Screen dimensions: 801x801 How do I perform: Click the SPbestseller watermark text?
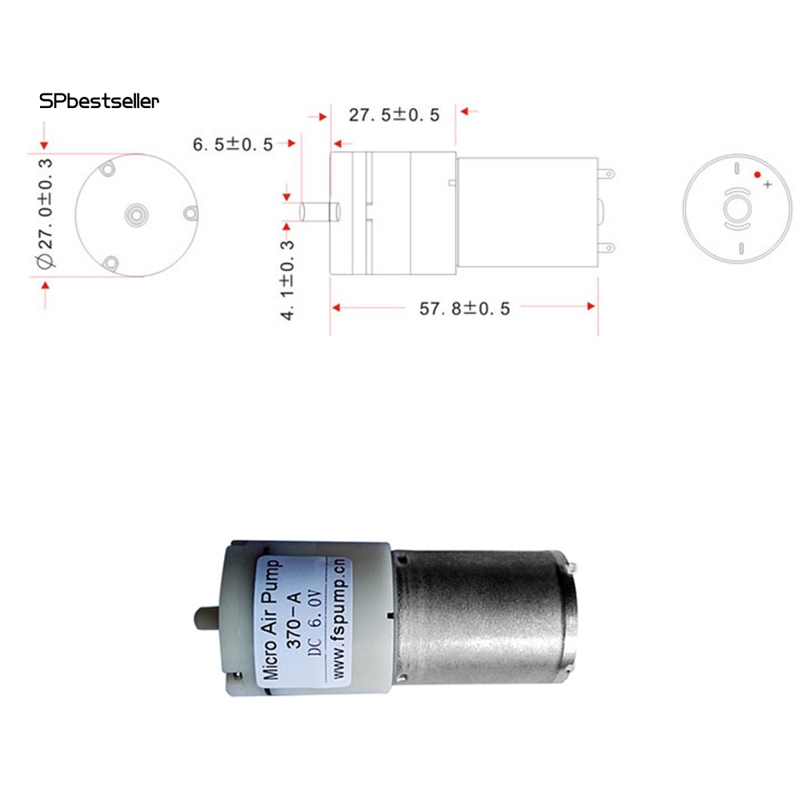coord(99,102)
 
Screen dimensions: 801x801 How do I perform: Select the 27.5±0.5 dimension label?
coord(394,115)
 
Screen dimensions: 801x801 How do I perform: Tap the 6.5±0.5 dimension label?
coord(233,145)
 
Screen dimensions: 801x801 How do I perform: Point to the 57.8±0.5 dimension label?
coord(464,308)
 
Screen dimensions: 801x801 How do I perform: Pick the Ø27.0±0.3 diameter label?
coord(45,213)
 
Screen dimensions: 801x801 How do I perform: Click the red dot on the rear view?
coord(757,174)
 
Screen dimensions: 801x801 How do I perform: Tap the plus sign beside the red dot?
coord(768,185)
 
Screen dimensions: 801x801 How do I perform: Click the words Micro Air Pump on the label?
coord(273,619)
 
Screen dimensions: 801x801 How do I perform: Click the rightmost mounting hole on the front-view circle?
coord(190,212)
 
